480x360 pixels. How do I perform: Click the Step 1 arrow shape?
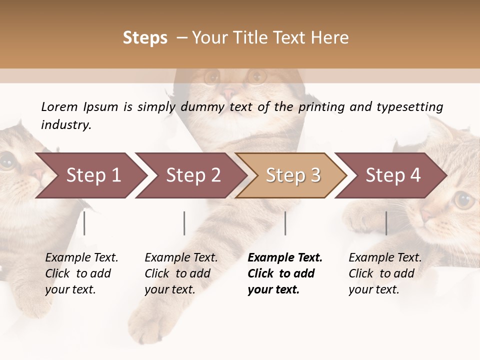(90, 175)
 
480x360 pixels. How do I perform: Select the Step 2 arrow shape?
(191, 175)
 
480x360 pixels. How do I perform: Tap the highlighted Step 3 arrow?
(291, 175)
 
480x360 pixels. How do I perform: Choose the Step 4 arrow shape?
(391, 175)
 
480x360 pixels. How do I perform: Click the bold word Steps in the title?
(145, 38)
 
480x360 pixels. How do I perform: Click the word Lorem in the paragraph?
(59, 106)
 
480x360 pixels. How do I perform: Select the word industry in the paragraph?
(65, 125)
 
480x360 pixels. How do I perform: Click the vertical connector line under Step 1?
(84, 223)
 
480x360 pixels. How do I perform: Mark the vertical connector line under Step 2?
(184, 223)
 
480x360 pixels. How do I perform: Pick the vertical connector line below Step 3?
(285, 223)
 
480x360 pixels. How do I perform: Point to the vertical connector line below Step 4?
(386, 223)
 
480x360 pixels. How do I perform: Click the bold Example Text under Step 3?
(285, 258)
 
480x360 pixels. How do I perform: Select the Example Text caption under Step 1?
(81, 258)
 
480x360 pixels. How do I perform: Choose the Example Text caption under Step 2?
(181, 258)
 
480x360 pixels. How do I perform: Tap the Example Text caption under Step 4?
(385, 258)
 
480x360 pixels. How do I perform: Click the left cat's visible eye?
(7, 161)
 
